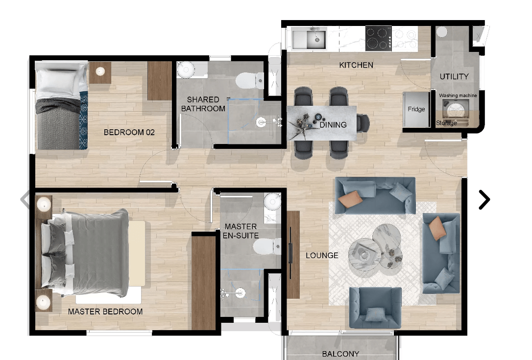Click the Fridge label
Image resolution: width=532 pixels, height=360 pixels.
[416, 109]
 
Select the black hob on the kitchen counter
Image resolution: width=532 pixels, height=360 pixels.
[378, 38]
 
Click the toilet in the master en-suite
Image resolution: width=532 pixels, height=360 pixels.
[267, 246]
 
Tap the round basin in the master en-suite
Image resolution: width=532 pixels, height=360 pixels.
[272, 202]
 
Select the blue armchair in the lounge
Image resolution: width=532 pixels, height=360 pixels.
[375, 307]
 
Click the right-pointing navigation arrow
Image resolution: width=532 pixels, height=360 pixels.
[484, 199]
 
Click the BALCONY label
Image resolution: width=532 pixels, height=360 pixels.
[340, 354]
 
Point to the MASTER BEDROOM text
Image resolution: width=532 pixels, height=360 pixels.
[105, 312]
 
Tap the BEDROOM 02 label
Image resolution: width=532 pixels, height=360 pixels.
[129, 132]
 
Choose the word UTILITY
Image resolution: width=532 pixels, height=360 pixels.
[454, 77]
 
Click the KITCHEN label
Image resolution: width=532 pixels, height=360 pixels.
[356, 65]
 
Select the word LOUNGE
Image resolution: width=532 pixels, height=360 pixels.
[322, 256]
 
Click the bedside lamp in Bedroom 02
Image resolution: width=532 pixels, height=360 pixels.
[100, 71]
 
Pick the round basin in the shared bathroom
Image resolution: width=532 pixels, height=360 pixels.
[186, 70]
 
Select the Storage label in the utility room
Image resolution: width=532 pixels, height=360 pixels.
[446, 123]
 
